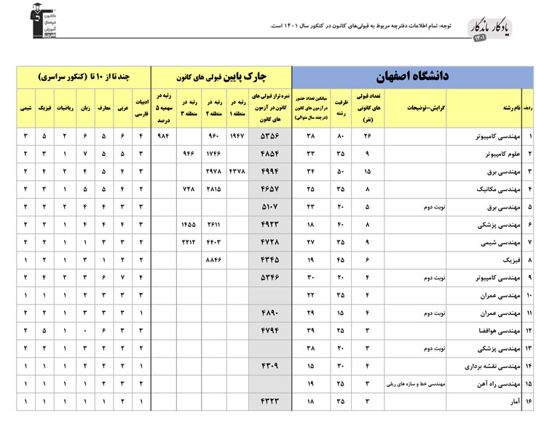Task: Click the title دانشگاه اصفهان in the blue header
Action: (412, 77)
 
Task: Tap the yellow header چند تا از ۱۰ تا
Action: (86, 77)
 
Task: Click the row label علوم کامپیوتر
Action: (499, 154)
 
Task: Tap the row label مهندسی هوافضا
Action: (498, 330)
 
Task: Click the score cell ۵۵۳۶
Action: (269, 136)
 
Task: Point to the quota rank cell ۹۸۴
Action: (163, 136)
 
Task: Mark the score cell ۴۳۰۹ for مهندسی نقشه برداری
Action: (269, 365)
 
